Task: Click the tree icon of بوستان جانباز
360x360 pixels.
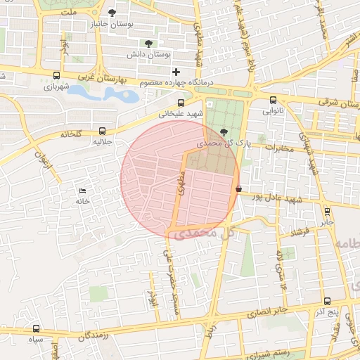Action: [x=112, y=12]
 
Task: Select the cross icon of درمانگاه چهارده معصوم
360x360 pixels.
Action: [x=176, y=72]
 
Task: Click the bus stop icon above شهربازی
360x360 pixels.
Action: [x=56, y=76]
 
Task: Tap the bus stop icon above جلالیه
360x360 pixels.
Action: [x=103, y=131]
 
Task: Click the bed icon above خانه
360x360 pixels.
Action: [x=83, y=191]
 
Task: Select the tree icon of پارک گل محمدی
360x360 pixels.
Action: [x=224, y=131]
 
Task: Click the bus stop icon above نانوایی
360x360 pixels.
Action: [x=273, y=100]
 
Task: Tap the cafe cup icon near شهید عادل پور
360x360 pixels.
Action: [x=240, y=188]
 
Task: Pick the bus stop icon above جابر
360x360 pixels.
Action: [x=327, y=211]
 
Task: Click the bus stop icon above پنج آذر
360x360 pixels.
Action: [x=327, y=301]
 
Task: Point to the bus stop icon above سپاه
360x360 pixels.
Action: [x=37, y=328]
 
